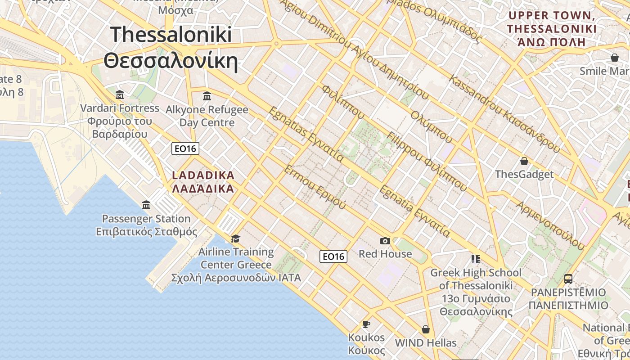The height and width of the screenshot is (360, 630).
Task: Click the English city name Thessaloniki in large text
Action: pos(171,35)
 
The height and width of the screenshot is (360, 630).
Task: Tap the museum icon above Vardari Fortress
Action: pos(120,94)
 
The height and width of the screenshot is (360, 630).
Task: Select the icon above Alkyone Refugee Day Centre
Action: pos(207,96)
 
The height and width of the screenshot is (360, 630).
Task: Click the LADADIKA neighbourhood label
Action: pos(203,175)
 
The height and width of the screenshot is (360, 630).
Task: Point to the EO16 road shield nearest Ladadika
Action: pos(185,148)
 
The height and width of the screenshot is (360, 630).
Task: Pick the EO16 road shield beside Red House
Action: pos(333,256)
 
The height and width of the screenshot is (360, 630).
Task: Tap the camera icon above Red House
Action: pos(385,241)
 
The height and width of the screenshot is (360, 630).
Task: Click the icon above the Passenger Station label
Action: pos(146,205)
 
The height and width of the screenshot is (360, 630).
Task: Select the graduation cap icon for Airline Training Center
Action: pos(235,238)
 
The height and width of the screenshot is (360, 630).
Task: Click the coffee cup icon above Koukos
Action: pos(366,324)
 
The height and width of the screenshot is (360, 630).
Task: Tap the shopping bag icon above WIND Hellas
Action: pos(425,329)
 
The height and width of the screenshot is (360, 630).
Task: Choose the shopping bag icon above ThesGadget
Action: pos(524,161)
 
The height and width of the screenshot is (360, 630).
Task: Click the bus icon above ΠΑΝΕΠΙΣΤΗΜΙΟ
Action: pos(568,279)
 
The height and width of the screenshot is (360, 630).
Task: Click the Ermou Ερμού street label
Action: pos(315,187)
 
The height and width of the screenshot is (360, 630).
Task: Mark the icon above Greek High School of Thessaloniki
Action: pos(476,259)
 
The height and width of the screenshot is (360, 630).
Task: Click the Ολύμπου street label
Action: pos(431,126)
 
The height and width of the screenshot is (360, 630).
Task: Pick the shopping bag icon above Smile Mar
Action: pos(614,58)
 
